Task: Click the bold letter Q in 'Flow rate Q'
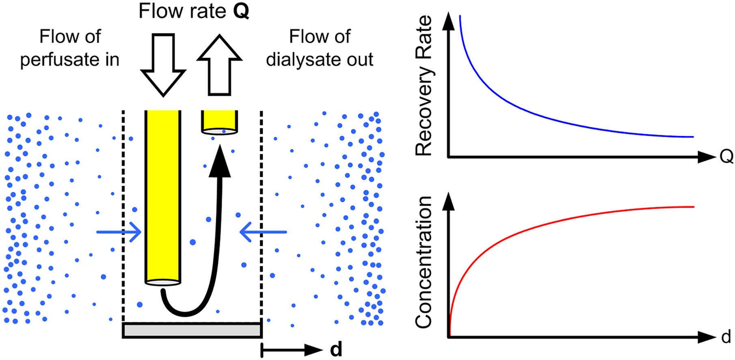click(241, 11)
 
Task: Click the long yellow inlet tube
click(163, 195)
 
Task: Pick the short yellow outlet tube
click(219, 120)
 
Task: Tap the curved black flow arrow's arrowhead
click(220, 163)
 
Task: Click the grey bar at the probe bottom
click(192, 330)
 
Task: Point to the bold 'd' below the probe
click(336, 349)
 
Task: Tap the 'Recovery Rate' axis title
click(424, 85)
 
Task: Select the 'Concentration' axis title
click(424, 262)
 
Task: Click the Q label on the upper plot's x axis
click(726, 156)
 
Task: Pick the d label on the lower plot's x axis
click(726, 337)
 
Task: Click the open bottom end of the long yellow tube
click(163, 282)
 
